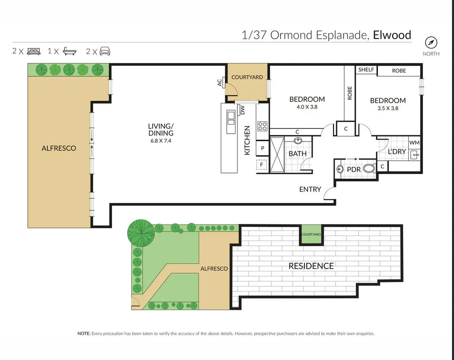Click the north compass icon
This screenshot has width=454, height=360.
pyautogui.click(x=431, y=43)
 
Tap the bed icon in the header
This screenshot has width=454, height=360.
pyautogui.click(x=33, y=51)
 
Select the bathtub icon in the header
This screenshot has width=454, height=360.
pyautogui.click(x=70, y=51)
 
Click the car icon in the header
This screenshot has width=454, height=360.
pyautogui.click(x=105, y=51)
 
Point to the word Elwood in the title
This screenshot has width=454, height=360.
pyautogui.click(x=392, y=35)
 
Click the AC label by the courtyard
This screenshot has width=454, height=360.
pyautogui.click(x=220, y=83)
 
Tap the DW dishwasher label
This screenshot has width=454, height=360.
pyautogui.click(x=243, y=110)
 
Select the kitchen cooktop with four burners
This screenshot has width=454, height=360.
pyautogui.click(x=263, y=126)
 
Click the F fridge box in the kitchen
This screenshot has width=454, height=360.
pyautogui.click(x=261, y=165)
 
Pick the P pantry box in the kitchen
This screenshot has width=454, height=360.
pyautogui.click(x=263, y=148)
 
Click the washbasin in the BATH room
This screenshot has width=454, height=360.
pyautogui.click(x=298, y=141)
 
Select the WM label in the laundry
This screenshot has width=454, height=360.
pyautogui.click(x=414, y=143)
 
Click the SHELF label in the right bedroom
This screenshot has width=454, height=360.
pyautogui.click(x=366, y=70)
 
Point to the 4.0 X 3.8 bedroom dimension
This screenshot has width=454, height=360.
pyautogui.click(x=307, y=107)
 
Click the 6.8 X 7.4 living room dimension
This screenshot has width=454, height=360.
pyautogui.click(x=161, y=141)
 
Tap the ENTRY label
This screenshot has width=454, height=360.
pyautogui.click(x=310, y=189)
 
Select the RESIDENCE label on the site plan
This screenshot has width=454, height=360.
pyautogui.click(x=311, y=266)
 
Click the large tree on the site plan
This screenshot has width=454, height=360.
pyautogui.click(x=141, y=233)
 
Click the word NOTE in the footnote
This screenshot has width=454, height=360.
pyautogui.click(x=84, y=333)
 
